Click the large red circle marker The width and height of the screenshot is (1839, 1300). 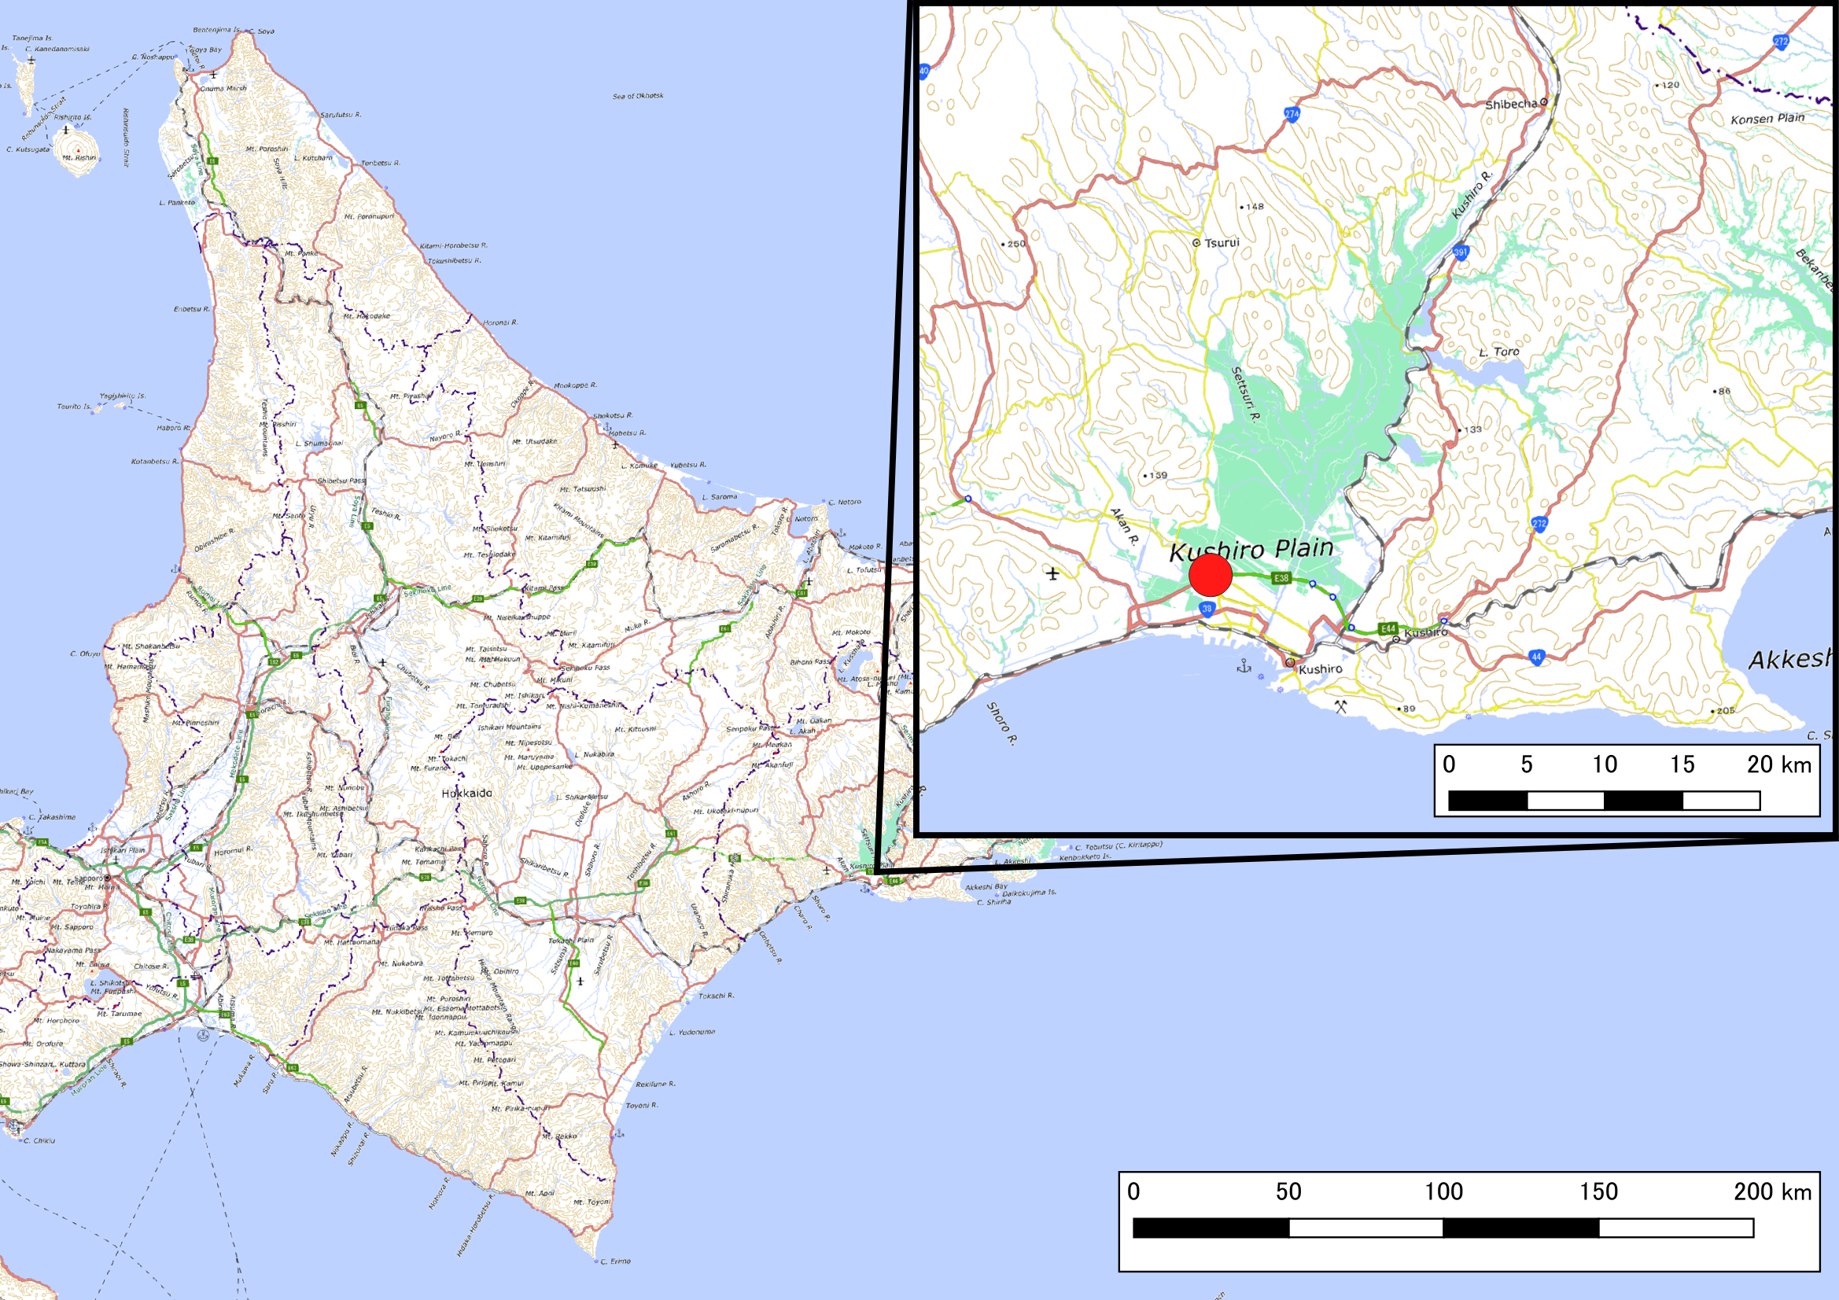[x=1210, y=575]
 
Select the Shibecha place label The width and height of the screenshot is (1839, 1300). [x=1510, y=104]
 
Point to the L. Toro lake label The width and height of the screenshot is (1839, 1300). [x=1498, y=352]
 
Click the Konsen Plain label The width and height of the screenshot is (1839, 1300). [x=1767, y=119]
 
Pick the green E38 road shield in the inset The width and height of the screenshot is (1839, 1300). [x=1281, y=577]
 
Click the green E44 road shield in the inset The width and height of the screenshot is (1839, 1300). [x=1388, y=629]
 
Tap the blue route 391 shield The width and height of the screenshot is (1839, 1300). [x=1460, y=252]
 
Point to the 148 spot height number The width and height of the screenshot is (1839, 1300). [x=1255, y=207]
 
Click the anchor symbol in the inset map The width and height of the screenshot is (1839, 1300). [x=1244, y=665]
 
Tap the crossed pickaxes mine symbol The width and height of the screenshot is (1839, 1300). [x=1341, y=705]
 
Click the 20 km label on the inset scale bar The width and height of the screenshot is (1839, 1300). [x=1779, y=765]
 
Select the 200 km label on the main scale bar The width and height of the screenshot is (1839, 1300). [x=1772, y=1192]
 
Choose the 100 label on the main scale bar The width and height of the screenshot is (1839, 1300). [x=1443, y=1192]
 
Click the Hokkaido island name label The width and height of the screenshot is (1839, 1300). [x=467, y=793]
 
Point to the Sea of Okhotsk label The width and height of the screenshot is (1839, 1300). [x=638, y=96]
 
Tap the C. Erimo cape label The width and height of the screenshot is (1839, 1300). [x=614, y=1261]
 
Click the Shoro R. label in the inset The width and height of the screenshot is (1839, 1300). [x=1001, y=724]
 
